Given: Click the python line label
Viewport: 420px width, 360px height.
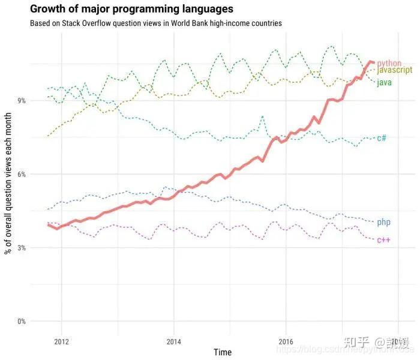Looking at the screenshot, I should click(389, 63).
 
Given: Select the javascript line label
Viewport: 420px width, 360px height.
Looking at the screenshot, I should click(394, 71).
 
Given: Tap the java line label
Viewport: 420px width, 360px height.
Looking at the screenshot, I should click(384, 82).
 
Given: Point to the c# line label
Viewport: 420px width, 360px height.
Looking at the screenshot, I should click(382, 138).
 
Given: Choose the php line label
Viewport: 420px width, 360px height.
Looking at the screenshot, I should click(383, 222).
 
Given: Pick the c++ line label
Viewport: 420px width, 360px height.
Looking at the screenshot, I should click(383, 240).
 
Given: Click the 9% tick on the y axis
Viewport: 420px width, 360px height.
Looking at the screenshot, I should click(21, 100).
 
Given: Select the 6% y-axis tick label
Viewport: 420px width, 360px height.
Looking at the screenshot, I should click(21, 174).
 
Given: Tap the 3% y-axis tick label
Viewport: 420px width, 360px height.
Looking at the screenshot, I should click(21, 248).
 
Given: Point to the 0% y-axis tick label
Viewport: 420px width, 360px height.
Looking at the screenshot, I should click(21, 322).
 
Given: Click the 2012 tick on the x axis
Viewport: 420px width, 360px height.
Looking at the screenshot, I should click(62, 341).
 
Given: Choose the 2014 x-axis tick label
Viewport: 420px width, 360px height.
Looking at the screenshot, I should click(173, 341).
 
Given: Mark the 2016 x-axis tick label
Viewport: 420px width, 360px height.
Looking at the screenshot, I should click(286, 341).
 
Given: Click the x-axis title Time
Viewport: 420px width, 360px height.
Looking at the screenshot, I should click(223, 352).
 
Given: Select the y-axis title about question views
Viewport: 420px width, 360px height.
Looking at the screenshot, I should click(9, 195).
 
